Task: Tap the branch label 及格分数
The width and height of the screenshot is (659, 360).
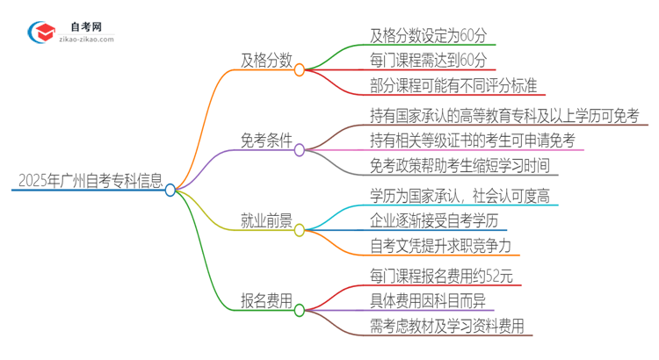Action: pyautogui.click(x=266, y=61)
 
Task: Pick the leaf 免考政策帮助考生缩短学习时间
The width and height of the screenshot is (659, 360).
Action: pyautogui.click(x=463, y=164)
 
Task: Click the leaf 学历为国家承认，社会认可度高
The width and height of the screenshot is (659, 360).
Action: pyautogui.click(x=463, y=196)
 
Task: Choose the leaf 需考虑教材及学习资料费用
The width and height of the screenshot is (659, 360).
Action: pyautogui.click(x=446, y=326)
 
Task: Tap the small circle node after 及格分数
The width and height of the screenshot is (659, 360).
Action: pyautogui.click(x=300, y=69)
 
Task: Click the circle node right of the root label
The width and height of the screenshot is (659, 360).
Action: pyautogui.click(x=170, y=190)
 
